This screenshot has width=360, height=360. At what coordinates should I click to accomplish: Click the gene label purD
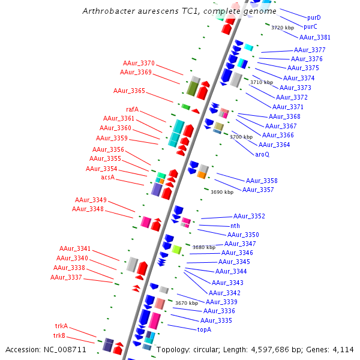pos(314,18)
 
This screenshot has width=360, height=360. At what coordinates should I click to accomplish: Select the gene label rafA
pos(132,109)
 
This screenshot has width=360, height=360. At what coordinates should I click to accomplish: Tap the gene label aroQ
pos(262,154)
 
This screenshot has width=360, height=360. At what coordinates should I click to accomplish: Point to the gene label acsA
pos(107,178)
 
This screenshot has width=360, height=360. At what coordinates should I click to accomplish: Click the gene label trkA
pos(61,326)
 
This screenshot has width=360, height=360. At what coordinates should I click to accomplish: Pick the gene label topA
pos(204,329)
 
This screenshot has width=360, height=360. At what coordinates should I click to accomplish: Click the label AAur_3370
pos(139,63)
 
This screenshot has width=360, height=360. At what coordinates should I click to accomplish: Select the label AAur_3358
pos(262,181)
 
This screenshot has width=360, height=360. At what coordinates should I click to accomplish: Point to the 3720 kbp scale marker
pos(282,28)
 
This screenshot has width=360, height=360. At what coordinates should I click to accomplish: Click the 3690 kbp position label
pos(221,192)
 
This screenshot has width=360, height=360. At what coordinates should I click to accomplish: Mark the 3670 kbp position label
pos(186,304)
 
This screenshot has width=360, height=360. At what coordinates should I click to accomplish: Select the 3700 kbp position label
pos(241,137)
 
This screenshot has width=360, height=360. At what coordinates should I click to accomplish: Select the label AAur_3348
pos(88,209)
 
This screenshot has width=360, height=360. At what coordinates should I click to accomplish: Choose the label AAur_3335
pos(217,320)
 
